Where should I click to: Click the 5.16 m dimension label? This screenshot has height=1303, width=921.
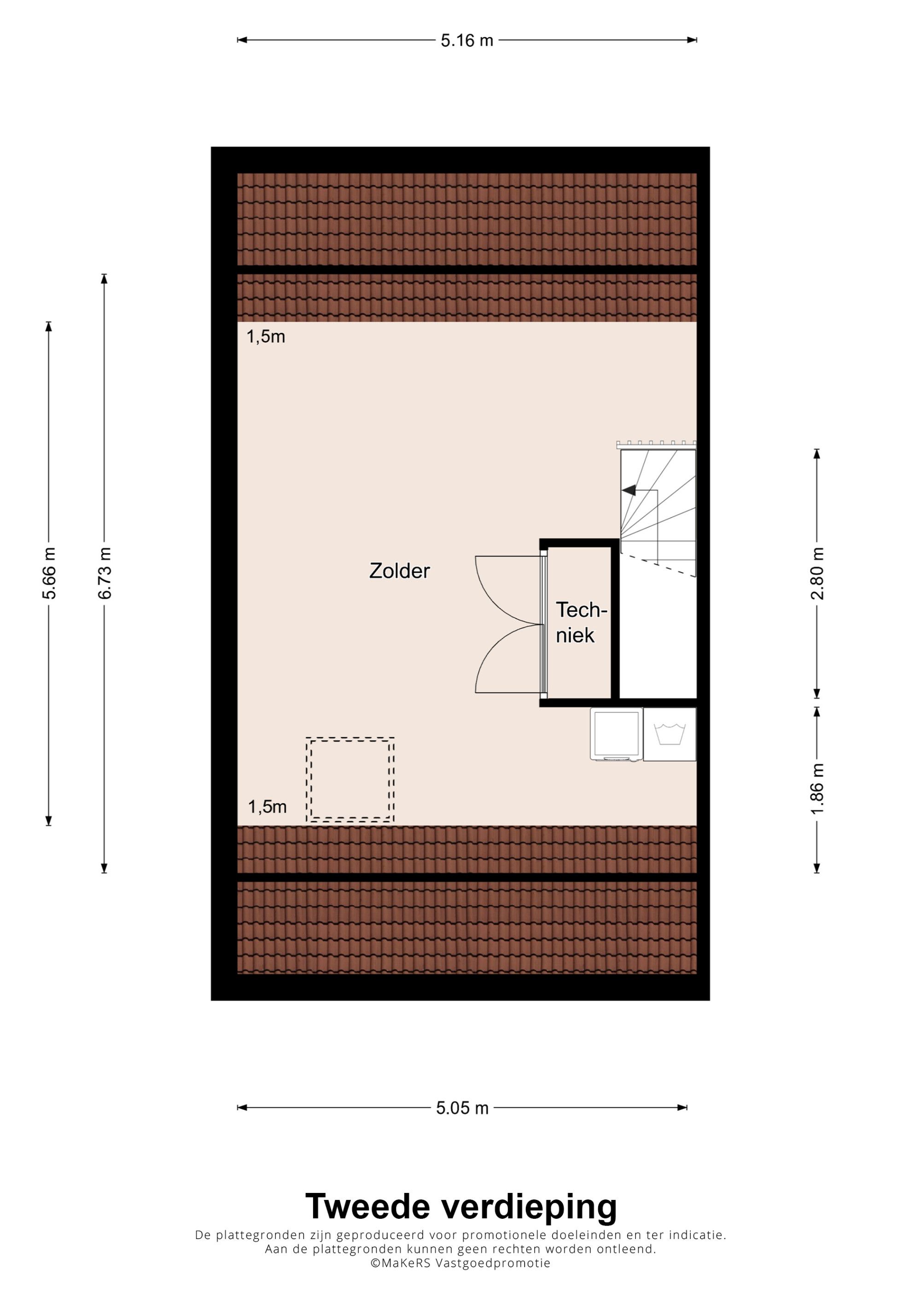click(466, 41)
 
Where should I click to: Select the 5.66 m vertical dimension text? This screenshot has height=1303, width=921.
click(49, 573)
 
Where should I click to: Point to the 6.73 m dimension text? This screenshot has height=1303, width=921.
click(105, 573)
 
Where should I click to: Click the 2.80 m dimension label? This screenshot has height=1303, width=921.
click(816, 573)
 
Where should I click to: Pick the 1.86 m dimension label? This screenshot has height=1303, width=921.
click(816, 790)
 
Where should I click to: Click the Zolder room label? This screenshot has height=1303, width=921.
click(400, 571)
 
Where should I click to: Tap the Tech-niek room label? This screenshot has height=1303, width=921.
click(581, 622)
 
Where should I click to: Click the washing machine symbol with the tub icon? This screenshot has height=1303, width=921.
click(670, 734)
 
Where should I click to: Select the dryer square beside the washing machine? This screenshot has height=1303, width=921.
click(616, 734)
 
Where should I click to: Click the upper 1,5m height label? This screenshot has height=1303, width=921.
click(266, 337)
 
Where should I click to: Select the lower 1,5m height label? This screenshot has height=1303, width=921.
click(267, 806)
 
